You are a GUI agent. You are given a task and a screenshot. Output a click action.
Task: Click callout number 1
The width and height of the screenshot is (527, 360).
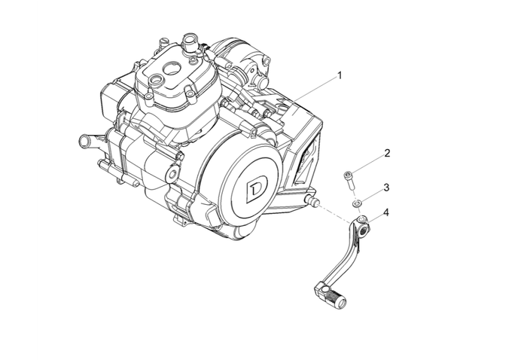click(340, 75)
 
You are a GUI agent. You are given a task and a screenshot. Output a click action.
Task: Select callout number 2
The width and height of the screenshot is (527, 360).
click(387, 153)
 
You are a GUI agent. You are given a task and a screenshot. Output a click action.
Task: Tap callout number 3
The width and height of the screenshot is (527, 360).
click(386, 187)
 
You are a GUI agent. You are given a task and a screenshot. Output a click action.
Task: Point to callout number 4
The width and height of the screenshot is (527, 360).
click(386, 213)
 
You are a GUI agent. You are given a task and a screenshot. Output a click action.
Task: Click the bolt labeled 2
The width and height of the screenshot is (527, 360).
click(348, 178)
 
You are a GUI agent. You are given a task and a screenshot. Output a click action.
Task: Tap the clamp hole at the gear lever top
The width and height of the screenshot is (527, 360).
click(363, 221)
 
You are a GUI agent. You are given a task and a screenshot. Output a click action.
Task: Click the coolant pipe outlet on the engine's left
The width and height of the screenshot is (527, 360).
click(85, 139)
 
